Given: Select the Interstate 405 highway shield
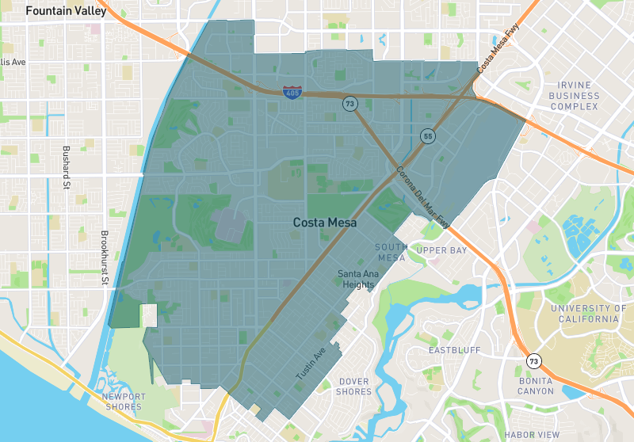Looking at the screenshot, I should coord(291,93).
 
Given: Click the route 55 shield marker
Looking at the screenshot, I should coord(427,136).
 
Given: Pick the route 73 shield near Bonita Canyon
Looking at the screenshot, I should coord(534,361).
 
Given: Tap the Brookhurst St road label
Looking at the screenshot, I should coord(105,261).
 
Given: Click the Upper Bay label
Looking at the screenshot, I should coord(442,250).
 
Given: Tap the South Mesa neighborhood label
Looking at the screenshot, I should coord(391,252).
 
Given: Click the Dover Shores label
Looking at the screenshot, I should coord(353,387).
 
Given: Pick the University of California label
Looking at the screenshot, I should coord(587,314).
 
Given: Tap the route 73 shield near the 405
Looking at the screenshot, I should coord(349,104).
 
